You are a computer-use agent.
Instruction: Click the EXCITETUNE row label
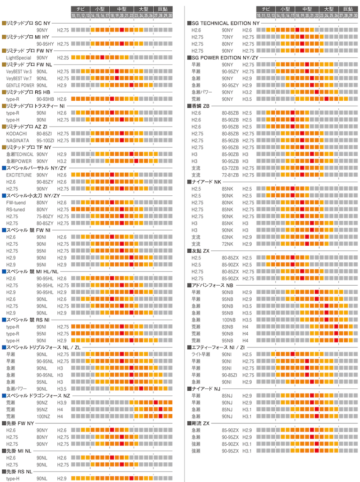pyautogui.click(x=19, y=175)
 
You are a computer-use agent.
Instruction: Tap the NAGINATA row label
pyautogui.click(x=18, y=140)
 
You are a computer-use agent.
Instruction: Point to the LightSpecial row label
pyautogui.click(x=18, y=57)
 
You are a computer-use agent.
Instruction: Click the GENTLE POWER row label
pyautogui.click(x=20, y=85)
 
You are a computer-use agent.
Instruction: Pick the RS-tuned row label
pyautogui.click(x=16, y=209)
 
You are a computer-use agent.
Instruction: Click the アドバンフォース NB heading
pyautogui.click(x=212, y=285)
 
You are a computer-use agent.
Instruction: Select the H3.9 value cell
pyautogui.click(x=62, y=402)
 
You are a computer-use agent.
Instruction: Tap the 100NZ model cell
pyautogui.click(x=43, y=417)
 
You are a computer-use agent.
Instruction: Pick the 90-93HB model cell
pyautogui.click(x=45, y=99)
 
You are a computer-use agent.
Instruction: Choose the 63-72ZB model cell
pyautogui.click(x=231, y=168)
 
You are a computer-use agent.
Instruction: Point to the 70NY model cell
pyautogui.click(x=228, y=37)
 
